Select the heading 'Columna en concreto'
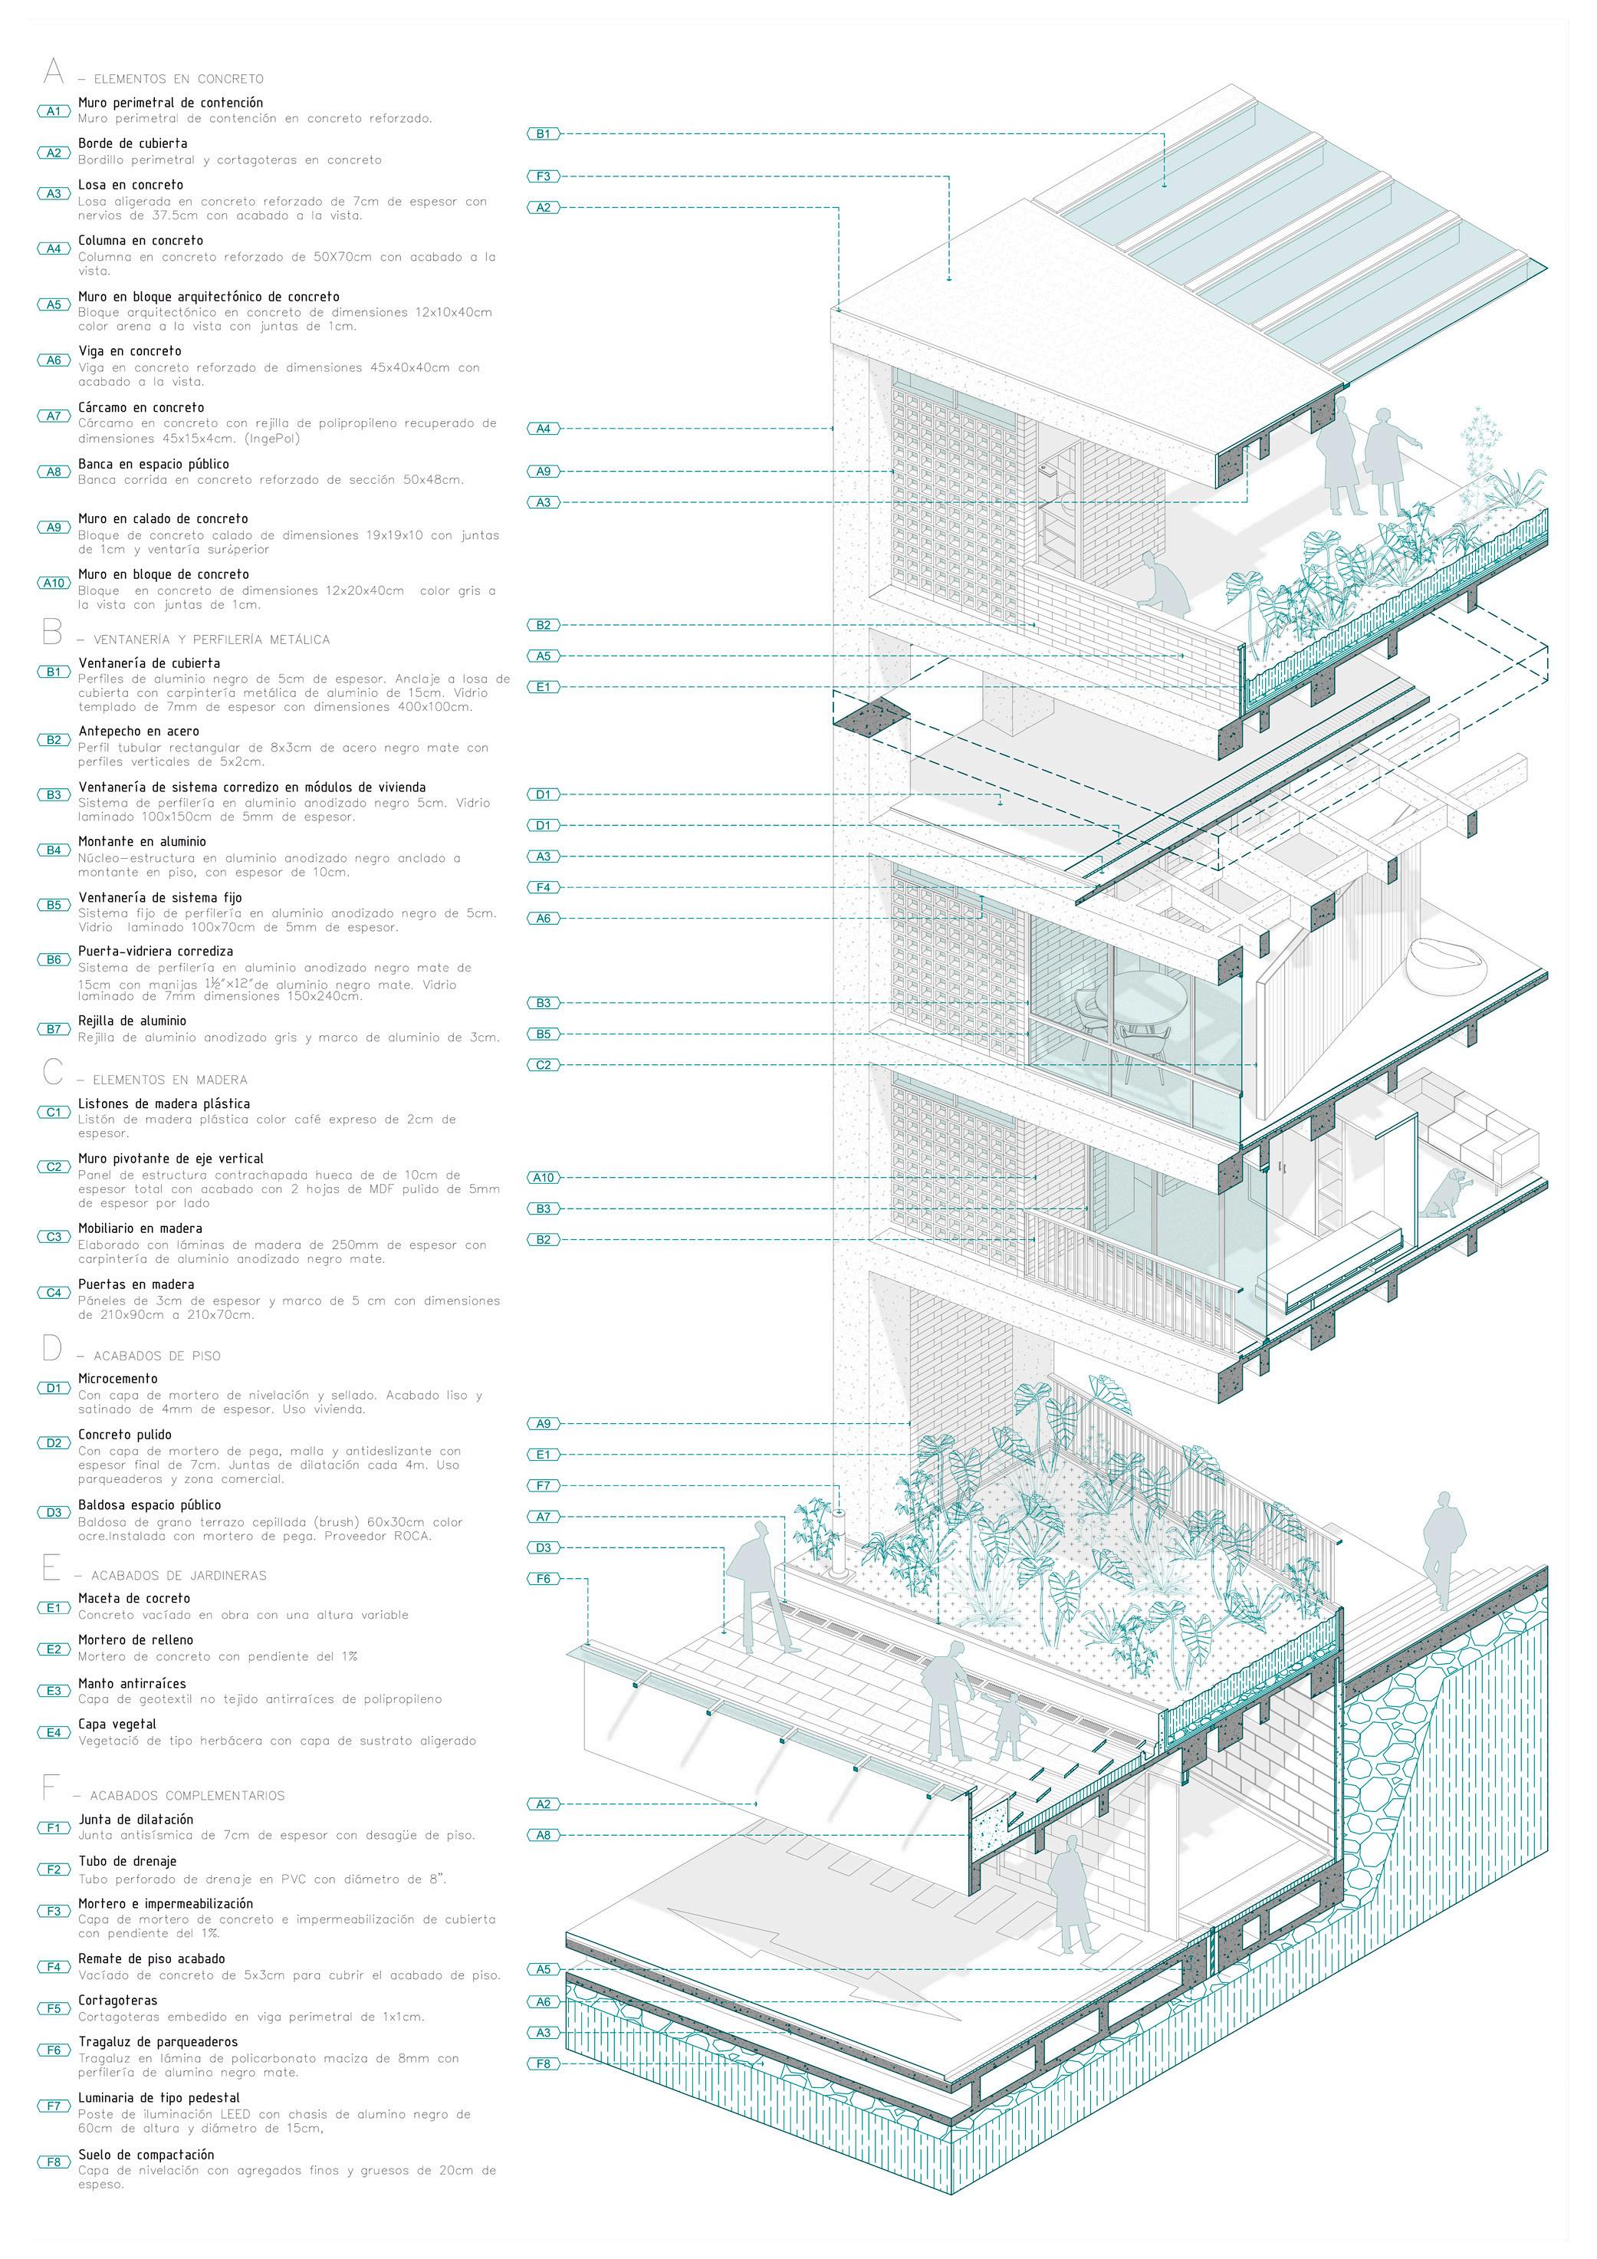click(x=141, y=240)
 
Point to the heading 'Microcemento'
click(x=118, y=1379)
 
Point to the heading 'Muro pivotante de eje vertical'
click(x=170, y=1159)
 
